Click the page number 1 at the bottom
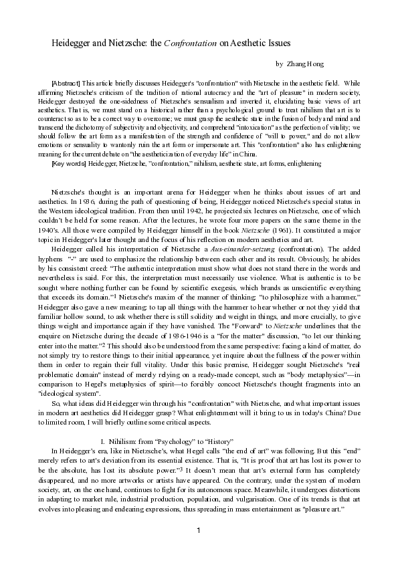(199, 531)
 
